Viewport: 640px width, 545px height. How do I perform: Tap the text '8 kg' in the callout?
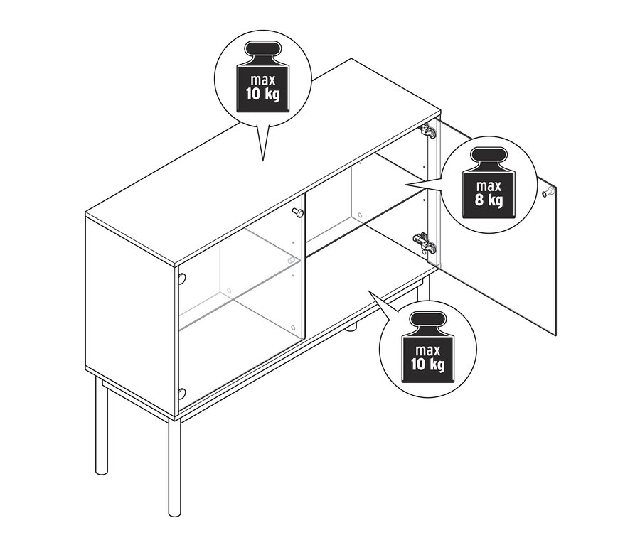coord(489,200)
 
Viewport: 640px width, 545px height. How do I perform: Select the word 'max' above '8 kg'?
coord(489,186)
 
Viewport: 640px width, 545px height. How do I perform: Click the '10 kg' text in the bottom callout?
coord(428,364)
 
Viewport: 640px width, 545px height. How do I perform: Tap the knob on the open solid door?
coord(548,191)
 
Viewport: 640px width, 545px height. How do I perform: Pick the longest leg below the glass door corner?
coord(174,468)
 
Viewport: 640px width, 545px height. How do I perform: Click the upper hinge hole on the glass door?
coord(181,279)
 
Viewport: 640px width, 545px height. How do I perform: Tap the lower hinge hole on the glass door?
coord(181,393)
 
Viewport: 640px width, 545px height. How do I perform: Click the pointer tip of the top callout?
coord(263,161)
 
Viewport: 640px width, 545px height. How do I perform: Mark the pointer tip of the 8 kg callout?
coord(406,185)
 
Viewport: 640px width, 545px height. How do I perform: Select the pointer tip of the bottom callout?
coord(369,291)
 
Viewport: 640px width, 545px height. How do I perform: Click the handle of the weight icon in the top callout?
coord(263,48)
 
